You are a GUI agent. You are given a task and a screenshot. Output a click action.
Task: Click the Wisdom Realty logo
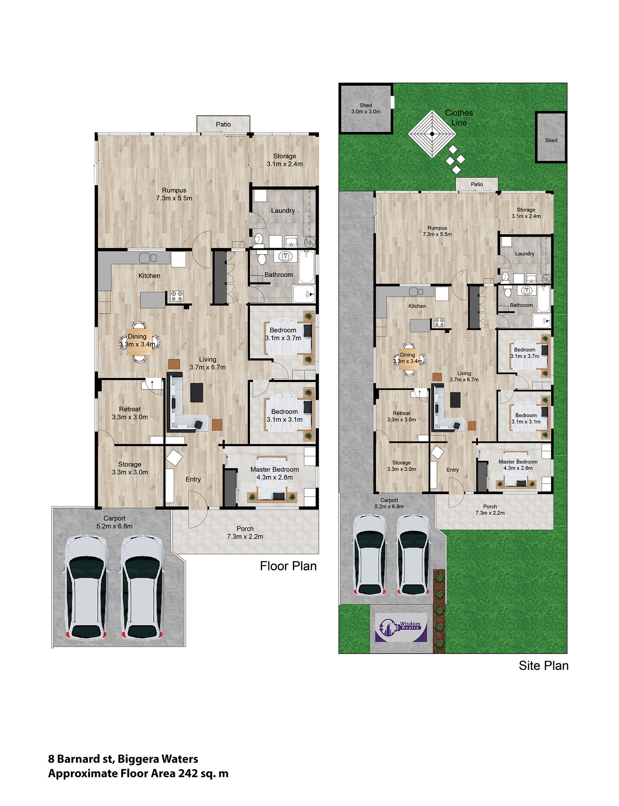tap(401, 627)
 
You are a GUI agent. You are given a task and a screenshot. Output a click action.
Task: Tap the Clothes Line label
tap(459, 118)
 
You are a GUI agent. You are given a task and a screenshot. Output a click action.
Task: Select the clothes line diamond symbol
tap(432, 134)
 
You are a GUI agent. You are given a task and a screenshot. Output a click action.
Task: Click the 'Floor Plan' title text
tap(288, 566)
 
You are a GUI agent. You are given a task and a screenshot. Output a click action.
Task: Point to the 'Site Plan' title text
tap(544, 666)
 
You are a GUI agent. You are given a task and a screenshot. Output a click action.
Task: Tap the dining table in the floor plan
tap(139, 342)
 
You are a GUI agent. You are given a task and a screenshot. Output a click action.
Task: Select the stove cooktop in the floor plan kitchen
tap(177, 296)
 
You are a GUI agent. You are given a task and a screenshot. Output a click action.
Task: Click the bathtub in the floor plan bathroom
tap(306, 267)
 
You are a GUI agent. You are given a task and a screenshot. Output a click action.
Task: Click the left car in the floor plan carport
tap(85, 587)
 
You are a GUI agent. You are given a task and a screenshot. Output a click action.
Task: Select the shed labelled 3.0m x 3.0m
tap(366, 108)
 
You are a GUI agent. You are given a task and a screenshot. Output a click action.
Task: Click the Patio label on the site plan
tap(477, 184)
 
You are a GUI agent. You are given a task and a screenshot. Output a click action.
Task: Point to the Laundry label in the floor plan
tap(283, 210)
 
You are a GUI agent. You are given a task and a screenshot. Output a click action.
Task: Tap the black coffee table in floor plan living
tap(197, 392)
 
